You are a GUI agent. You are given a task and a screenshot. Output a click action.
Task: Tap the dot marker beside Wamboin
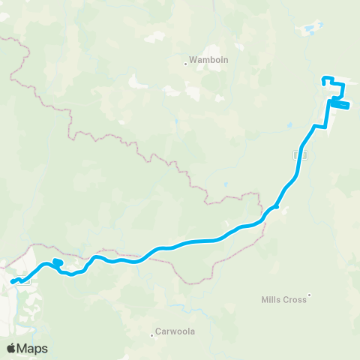[x=186, y=64]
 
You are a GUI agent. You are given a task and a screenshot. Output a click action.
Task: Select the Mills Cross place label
[x=283, y=300]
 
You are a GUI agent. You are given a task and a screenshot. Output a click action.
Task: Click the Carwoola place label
[x=175, y=330]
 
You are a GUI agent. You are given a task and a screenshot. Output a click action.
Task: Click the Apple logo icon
[x=11, y=349]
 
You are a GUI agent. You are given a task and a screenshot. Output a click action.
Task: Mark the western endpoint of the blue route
[x=13, y=282]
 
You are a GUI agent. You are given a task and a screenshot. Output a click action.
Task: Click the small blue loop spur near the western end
[x=58, y=262]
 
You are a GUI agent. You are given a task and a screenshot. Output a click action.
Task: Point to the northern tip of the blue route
[x=323, y=78]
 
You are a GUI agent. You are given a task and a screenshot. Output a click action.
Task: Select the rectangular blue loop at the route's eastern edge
[x=340, y=106]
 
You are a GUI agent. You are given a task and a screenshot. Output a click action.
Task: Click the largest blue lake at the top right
[x=308, y=31]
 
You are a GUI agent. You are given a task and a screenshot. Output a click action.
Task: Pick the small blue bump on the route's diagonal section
[x=276, y=207]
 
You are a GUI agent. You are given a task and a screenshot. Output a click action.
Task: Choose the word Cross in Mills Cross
[x=294, y=300]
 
